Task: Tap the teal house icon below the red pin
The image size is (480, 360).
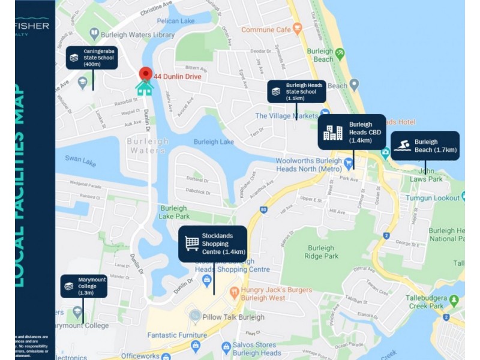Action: click(145, 88)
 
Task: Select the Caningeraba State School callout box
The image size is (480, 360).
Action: click(92, 58)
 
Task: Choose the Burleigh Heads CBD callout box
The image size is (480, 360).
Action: click(352, 132)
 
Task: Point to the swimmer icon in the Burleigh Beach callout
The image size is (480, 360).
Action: click(402, 146)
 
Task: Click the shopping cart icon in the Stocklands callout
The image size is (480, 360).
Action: click(192, 243)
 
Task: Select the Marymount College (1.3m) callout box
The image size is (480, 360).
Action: click(83, 286)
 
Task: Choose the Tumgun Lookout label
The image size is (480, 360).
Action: click(432, 197)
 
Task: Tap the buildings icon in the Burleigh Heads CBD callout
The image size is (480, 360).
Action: click(332, 132)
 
